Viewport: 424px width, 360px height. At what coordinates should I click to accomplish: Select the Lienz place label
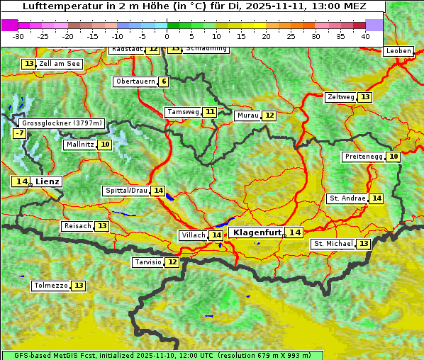(48, 181)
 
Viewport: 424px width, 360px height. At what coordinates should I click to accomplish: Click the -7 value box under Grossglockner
(19, 133)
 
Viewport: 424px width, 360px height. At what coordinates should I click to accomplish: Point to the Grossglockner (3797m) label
(62, 123)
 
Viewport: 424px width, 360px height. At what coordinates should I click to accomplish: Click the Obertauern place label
(135, 81)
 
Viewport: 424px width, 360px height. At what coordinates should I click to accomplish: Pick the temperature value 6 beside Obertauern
(164, 81)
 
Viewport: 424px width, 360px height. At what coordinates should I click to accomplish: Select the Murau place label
(247, 116)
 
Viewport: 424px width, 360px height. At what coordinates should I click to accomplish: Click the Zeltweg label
(340, 97)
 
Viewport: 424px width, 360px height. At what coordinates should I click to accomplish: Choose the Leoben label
(398, 51)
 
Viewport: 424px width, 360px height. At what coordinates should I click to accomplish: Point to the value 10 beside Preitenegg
(393, 156)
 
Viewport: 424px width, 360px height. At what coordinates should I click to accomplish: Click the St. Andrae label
(347, 198)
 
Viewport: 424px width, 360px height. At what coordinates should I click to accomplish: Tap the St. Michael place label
(333, 244)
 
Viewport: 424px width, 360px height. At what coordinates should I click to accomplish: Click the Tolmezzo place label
(50, 286)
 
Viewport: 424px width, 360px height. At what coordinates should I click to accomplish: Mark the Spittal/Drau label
(126, 191)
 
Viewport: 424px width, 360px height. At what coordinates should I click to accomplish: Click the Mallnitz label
(79, 145)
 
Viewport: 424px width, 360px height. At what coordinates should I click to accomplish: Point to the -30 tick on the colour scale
(18, 35)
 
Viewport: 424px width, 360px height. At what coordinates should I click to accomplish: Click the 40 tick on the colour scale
(365, 35)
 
